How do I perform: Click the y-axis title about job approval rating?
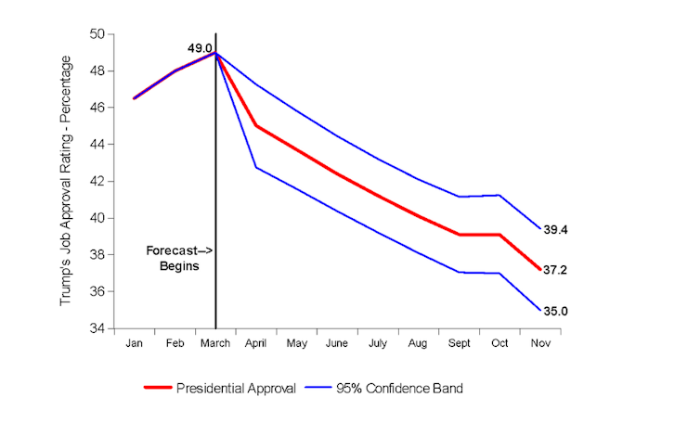click(67, 181)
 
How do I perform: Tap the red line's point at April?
click(256, 126)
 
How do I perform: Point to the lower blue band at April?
click(256, 167)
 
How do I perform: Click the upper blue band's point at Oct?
click(499, 195)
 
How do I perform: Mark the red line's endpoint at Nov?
click(539, 269)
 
